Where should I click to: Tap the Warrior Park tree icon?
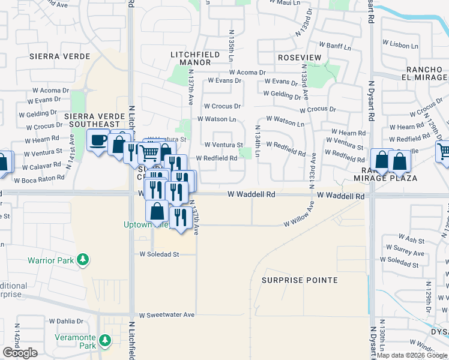coord(83,260)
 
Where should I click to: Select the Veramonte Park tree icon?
coord(106,341)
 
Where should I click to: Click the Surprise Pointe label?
coord(300,280)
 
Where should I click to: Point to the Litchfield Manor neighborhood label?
coord(190,58)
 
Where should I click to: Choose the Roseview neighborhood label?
coord(298,57)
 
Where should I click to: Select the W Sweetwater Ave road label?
coord(167,314)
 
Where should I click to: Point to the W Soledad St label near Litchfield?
coord(159,254)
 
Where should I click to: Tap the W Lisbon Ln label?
coord(400,46)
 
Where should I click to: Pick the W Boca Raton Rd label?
coord(39,179)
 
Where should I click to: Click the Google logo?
coord(20,353)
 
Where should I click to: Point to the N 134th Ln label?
coord(257,141)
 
